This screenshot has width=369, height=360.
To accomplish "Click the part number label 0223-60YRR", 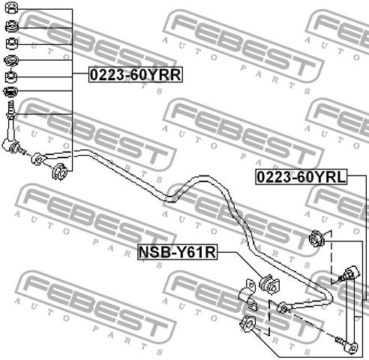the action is (x=136, y=74).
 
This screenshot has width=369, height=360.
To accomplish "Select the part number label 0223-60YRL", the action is (x=301, y=177).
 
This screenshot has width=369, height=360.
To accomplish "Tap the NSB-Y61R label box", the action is (x=178, y=252).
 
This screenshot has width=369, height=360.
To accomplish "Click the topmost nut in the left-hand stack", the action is (x=11, y=7).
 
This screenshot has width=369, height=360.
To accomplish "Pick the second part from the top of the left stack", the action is (x=11, y=26).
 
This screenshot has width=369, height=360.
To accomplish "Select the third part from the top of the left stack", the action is (x=12, y=43).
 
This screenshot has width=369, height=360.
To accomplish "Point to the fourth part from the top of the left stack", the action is (x=11, y=60).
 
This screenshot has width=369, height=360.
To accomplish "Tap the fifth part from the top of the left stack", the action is (x=10, y=77).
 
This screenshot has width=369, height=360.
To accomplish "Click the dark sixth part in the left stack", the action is (x=10, y=91).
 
